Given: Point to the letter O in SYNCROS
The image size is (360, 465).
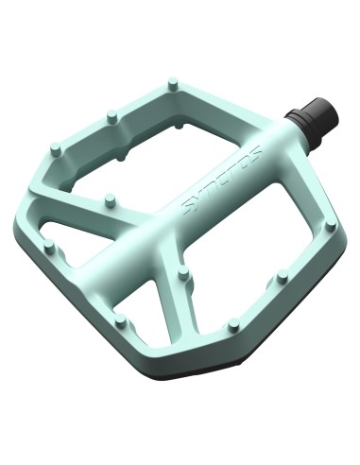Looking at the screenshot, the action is tap(245, 161).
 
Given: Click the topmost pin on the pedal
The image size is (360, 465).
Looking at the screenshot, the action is tap(172, 84).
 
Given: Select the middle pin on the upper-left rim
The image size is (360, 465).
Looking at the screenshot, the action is tap(111, 116).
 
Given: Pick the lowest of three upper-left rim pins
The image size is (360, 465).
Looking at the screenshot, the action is tap(56, 150).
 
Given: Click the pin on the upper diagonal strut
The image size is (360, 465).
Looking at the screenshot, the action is tap(110, 200).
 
